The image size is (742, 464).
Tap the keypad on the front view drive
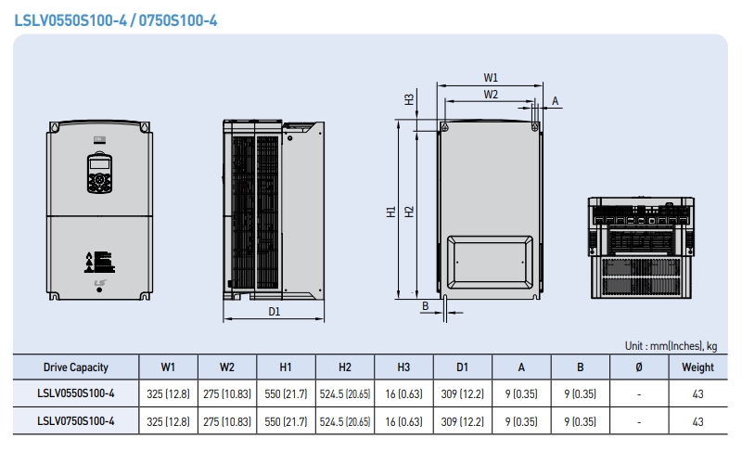(98, 173)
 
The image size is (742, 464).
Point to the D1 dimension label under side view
(275, 312)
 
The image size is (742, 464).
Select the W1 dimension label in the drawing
(491, 78)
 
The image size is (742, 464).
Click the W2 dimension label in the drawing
(491, 95)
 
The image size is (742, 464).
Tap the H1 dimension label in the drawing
(390, 212)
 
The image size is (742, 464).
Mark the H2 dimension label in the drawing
(409, 212)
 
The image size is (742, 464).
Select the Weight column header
(697, 367)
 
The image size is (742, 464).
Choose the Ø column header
(638, 367)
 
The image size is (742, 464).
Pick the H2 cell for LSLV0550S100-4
(345, 393)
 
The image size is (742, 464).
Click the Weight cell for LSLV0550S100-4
(697, 393)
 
